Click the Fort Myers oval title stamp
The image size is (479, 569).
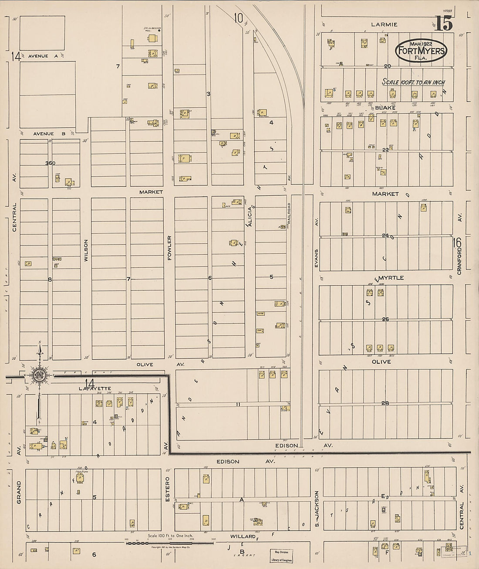click(x=421, y=51)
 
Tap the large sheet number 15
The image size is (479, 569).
click(x=443, y=24)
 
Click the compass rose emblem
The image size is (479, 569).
click(x=40, y=374)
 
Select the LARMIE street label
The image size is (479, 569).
click(x=384, y=24)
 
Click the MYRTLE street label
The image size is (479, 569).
click(x=391, y=278)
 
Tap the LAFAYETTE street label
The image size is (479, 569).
click(x=95, y=388)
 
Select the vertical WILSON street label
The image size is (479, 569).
click(x=86, y=250)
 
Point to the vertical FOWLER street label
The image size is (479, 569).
click(x=170, y=248)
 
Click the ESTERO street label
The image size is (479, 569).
click(x=167, y=489)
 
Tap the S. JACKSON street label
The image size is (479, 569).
click(x=317, y=508)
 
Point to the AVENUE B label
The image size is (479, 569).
click(x=44, y=134)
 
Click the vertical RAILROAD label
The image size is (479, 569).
click(x=288, y=215)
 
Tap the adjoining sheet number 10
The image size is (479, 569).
click(x=238, y=18)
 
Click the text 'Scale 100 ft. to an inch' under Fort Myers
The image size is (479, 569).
click(x=413, y=82)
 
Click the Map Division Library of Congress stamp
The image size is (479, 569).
click(x=281, y=555)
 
